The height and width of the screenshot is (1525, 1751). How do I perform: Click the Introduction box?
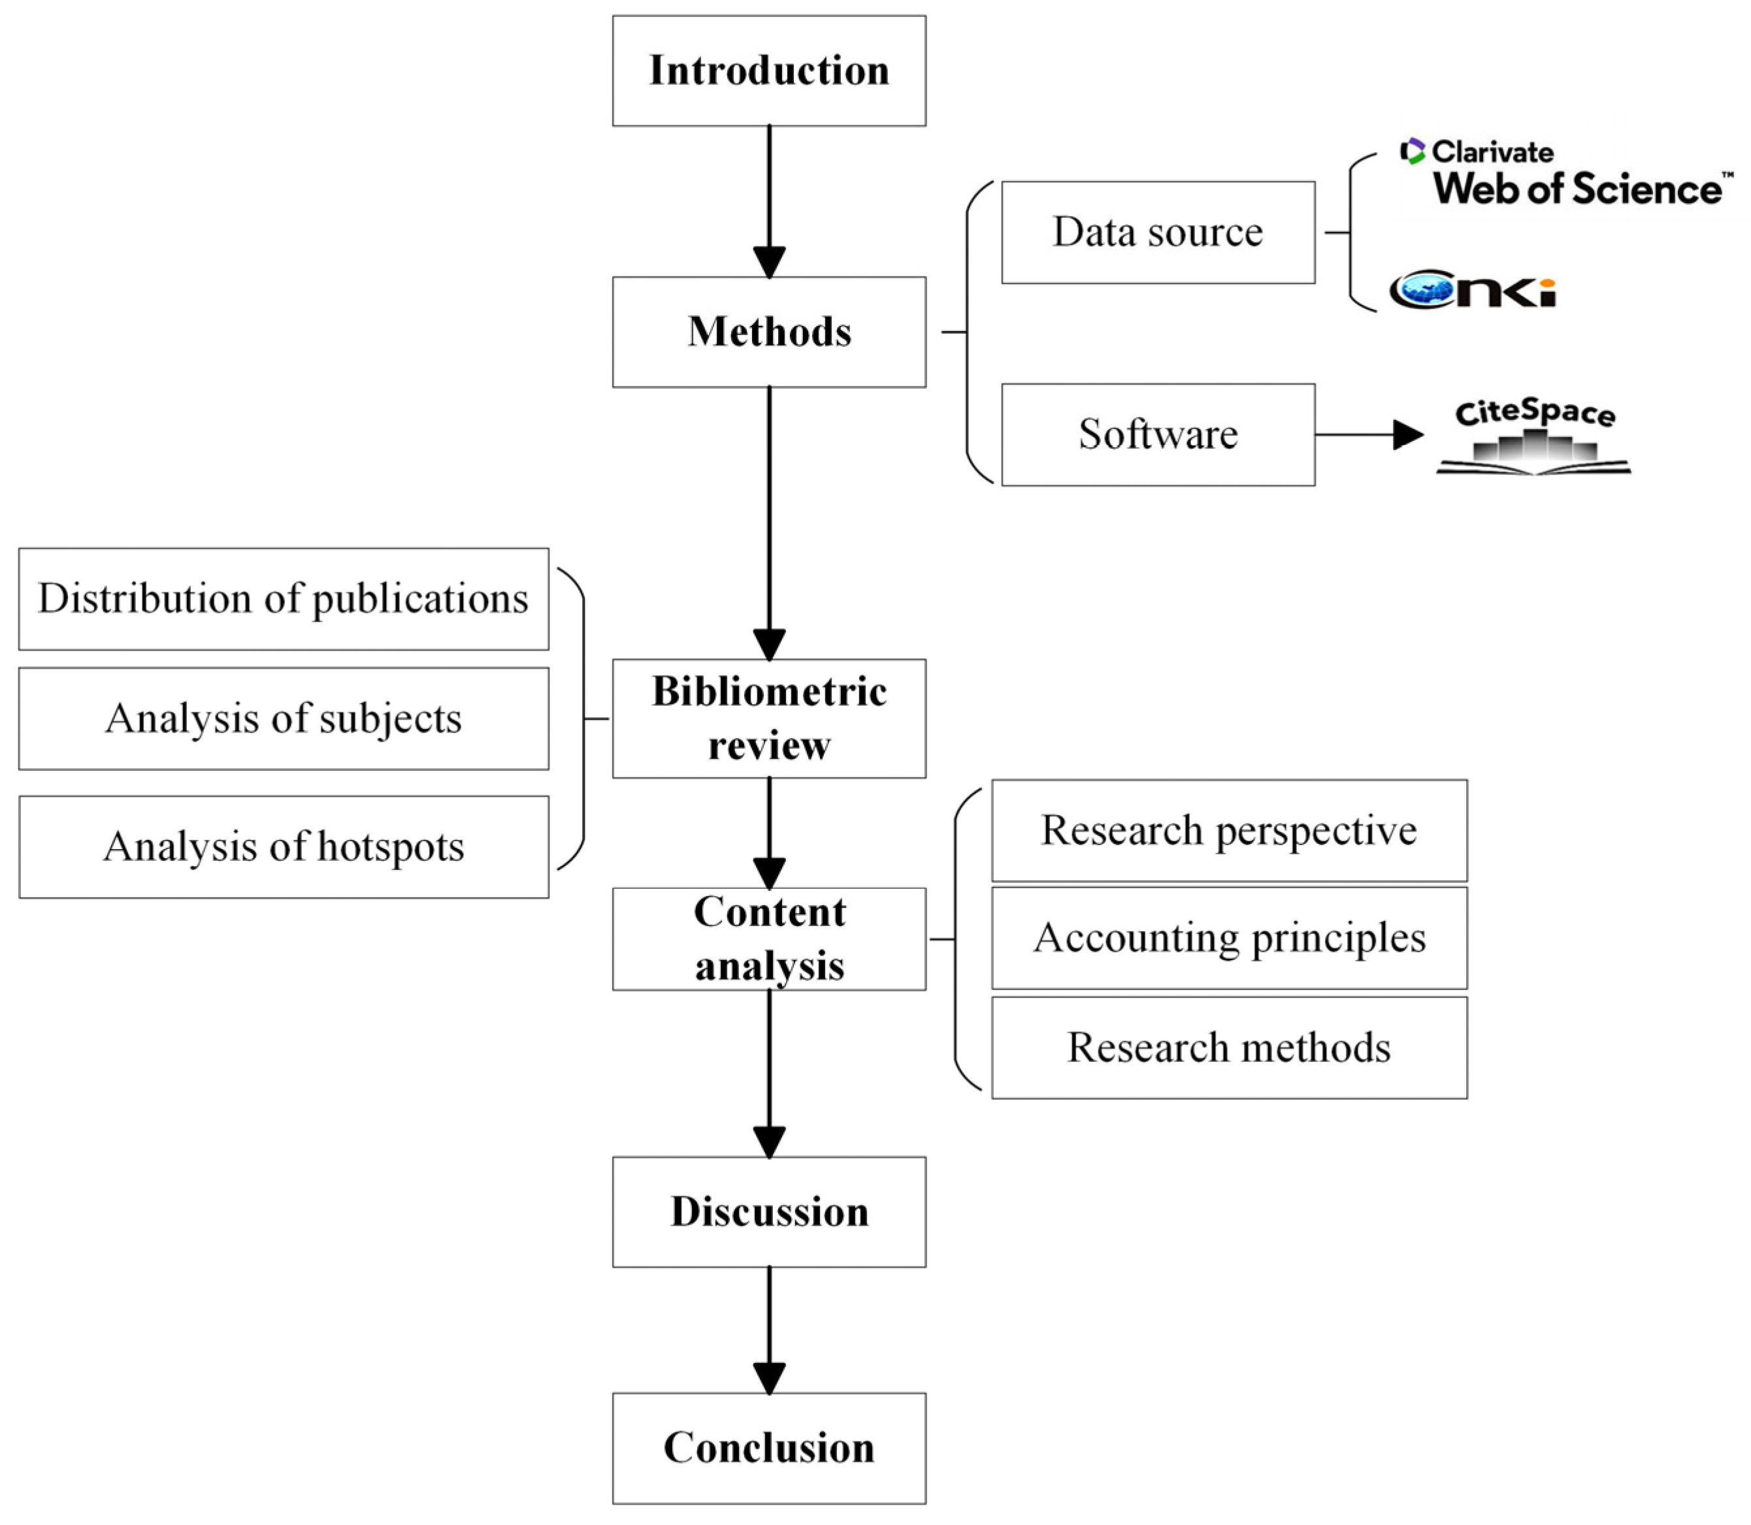pyautogui.click(x=768, y=71)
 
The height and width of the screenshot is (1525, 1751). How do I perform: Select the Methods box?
pyautogui.click(x=768, y=332)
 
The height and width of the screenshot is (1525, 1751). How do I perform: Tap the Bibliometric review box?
pyautogui.click(x=768, y=718)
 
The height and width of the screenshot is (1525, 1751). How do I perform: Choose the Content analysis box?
pyautogui.click(x=768, y=939)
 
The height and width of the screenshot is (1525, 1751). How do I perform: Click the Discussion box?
pyautogui.click(x=768, y=1212)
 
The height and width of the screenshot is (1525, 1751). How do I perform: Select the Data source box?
pyautogui.click(x=1158, y=233)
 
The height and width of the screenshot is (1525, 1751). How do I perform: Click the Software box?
pyautogui.click(x=1158, y=435)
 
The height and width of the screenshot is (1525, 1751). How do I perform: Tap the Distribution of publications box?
pyautogui.click(x=284, y=599)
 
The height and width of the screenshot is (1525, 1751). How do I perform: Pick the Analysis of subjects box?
pyautogui.click(x=284, y=719)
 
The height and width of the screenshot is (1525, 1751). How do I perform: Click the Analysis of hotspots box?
pyautogui.click(x=284, y=846)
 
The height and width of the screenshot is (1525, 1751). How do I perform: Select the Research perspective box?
pyautogui.click(x=1229, y=831)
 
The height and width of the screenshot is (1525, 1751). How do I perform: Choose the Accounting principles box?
pyautogui.click(x=1229, y=938)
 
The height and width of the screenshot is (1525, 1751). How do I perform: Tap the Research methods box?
pyautogui.click(x=1229, y=1048)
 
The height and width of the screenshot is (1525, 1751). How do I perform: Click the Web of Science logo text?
pyautogui.click(x=1580, y=188)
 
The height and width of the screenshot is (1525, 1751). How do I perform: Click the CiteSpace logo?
pyautogui.click(x=1534, y=436)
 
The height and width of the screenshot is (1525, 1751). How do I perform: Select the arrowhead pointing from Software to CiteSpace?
pyautogui.click(x=1408, y=435)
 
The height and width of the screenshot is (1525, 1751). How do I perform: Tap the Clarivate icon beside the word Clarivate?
pyautogui.click(x=1412, y=151)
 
